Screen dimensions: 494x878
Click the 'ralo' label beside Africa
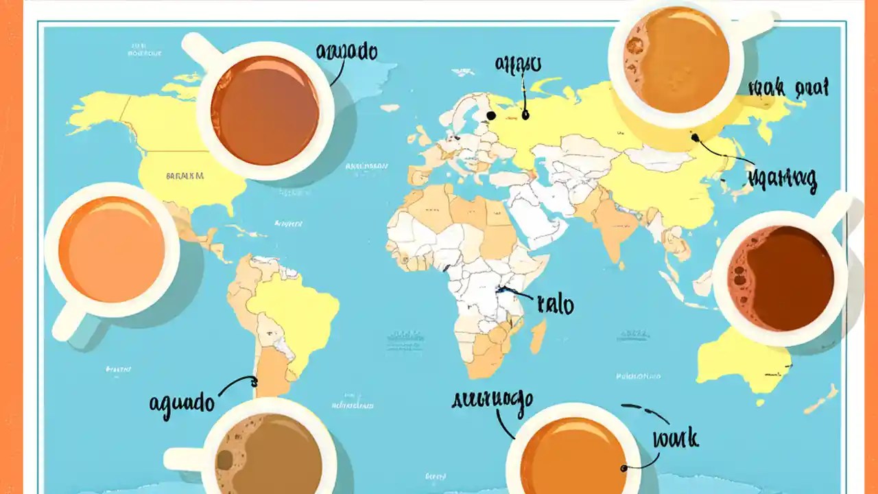(x=555, y=305)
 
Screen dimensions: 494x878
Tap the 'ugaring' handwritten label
(x=783, y=179)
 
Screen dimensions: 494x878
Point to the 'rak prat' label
(x=790, y=89)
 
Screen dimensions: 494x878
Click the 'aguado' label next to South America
(x=182, y=403)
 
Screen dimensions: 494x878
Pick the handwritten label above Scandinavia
(x=518, y=65)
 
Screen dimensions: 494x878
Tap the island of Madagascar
(x=538, y=336)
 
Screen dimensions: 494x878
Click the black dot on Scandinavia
(x=491, y=116)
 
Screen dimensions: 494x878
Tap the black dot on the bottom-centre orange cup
(x=624, y=469)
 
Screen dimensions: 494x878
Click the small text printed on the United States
(x=185, y=176)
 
